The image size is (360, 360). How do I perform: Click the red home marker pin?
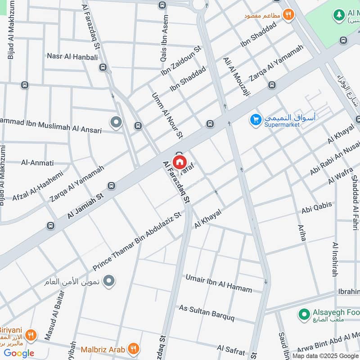pos(180,162)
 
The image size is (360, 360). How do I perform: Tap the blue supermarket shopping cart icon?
pos(256,120)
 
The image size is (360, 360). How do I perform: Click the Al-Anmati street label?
pos(37,162)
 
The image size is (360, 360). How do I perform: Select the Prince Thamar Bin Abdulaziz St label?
pos(137,240)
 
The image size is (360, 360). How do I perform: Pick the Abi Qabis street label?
pos(317,207)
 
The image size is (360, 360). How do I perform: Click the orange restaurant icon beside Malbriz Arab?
pos(133,348)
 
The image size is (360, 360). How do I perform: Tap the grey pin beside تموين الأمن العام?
pos(108,282)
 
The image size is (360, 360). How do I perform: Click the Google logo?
pos(19,353)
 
